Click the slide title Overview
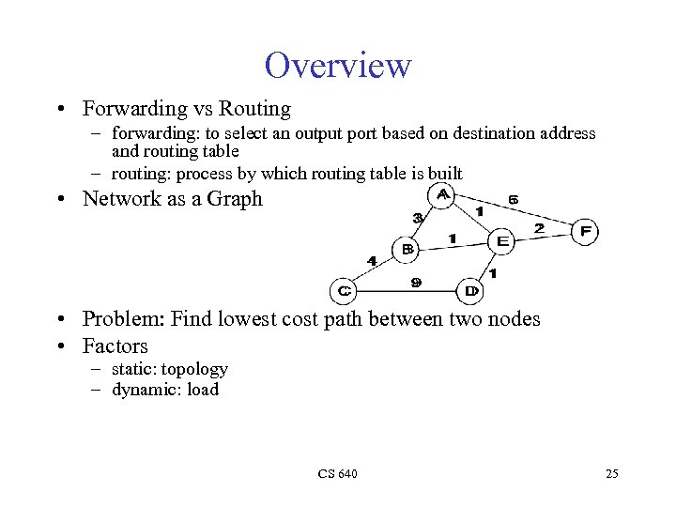pyautogui.click(x=338, y=66)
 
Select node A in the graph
pyautogui.click(x=441, y=194)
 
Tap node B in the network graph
pyautogui.click(x=408, y=249)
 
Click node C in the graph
pyautogui.click(x=344, y=291)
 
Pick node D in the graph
pyautogui.click(x=470, y=291)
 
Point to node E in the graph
pyautogui.click(x=502, y=241)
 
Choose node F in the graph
pyautogui.click(x=585, y=231)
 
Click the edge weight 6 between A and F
pyautogui.click(x=512, y=199)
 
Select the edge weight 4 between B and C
pyautogui.click(x=372, y=260)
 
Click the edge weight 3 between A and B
pyautogui.click(x=418, y=218)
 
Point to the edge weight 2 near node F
pyautogui.click(x=539, y=227)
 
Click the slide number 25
pyautogui.click(x=612, y=473)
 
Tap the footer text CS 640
pyautogui.click(x=337, y=473)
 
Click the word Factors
pyautogui.click(x=115, y=346)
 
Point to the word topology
pyautogui.click(x=195, y=369)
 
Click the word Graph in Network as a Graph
pyautogui.click(x=235, y=199)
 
